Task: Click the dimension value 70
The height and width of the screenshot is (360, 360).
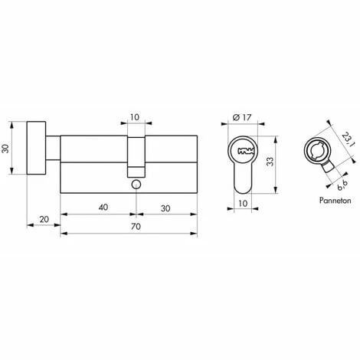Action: coord(136,227)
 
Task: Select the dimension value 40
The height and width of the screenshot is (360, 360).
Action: coord(103,207)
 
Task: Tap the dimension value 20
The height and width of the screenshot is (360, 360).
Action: coord(44,219)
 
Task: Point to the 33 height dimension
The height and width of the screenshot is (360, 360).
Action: coord(270,162)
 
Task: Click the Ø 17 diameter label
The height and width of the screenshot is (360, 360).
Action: coord(242,117)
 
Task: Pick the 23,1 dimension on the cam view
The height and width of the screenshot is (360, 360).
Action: coord(348,139)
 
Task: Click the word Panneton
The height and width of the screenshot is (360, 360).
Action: coord(335,201)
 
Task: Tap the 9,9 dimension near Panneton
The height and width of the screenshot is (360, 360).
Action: coord(342,185)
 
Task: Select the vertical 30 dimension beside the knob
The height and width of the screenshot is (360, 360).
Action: coord(5,149)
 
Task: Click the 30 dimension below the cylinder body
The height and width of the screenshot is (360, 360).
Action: coord(165,208)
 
